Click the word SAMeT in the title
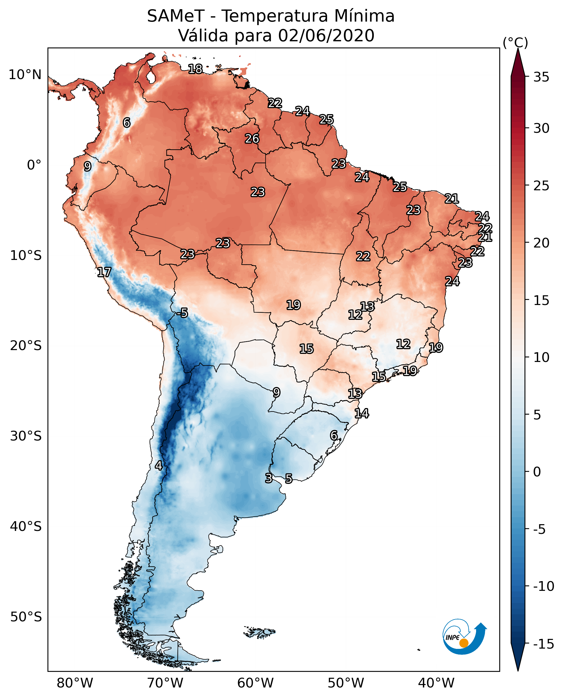click(x=176, y=16)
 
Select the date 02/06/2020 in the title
click(x=326, y=36)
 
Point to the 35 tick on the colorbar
click(x=541, y=77)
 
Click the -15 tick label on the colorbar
click(x=544, y=644)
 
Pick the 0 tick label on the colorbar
click(x=537, y=472)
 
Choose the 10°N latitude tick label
click(x=25, y=75)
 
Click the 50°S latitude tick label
click(x=26, y=616)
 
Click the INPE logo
click(x=464, y=636)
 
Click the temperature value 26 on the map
click(x=252, y=139)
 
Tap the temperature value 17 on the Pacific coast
click(x=104, y=272)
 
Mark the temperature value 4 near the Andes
click(x=159, y=465)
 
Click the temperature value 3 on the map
click(x=269, y=478)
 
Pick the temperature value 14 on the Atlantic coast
click(x=362, y=413)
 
